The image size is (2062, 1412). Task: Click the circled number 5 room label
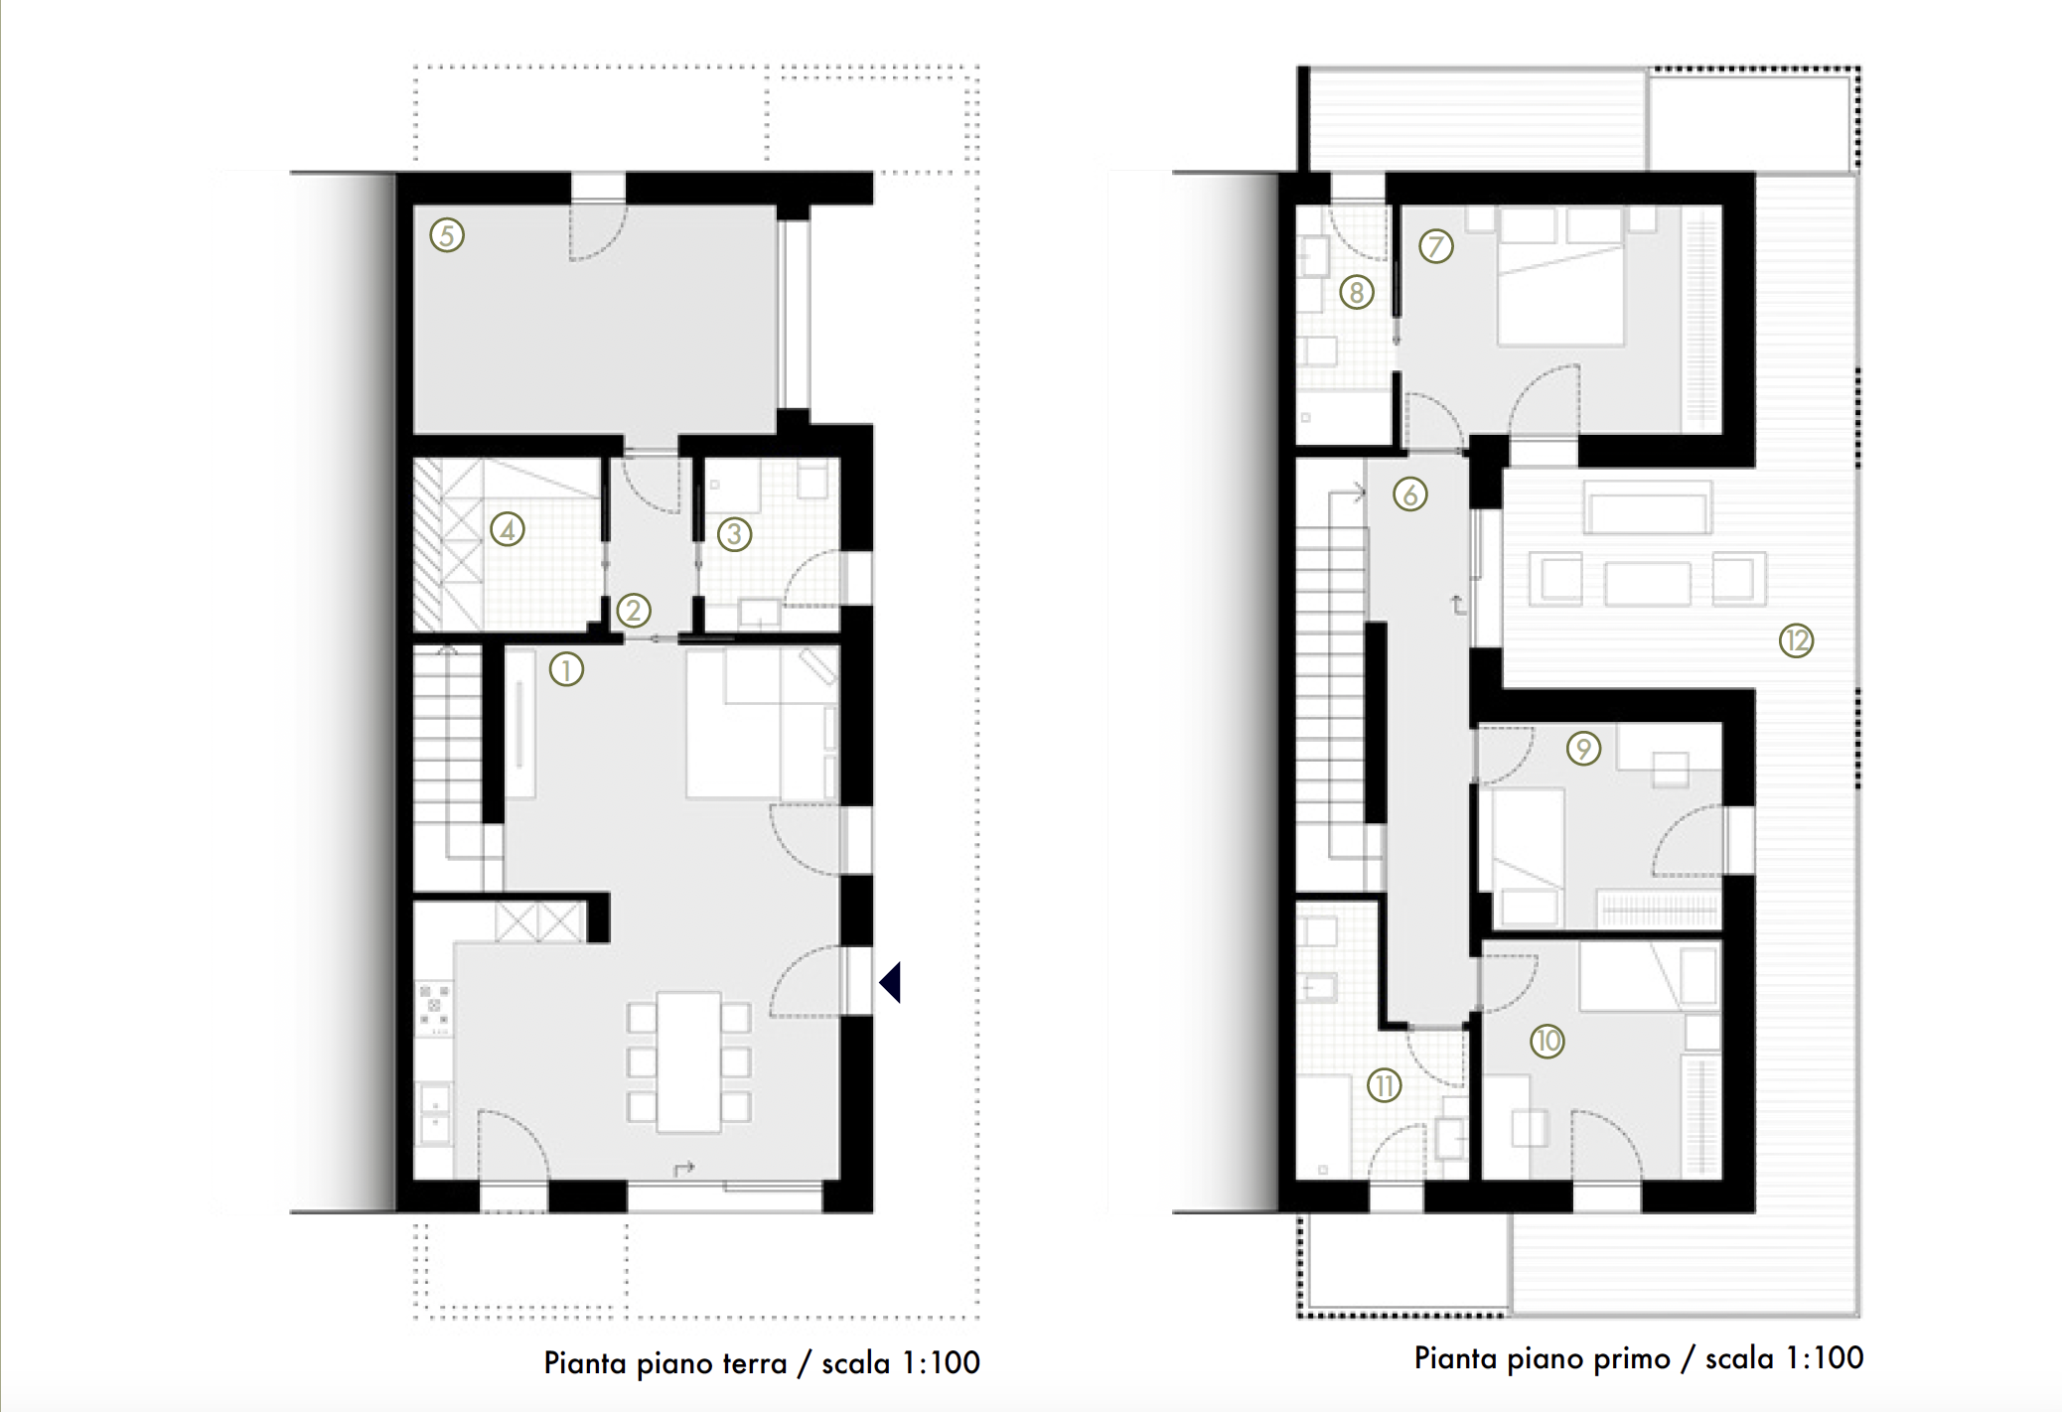point(447,235)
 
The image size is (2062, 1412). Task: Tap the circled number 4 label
point(508,529)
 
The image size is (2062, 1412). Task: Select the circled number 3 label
point(734,534)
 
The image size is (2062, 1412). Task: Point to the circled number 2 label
point(634,610)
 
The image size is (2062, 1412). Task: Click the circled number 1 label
point(566,669)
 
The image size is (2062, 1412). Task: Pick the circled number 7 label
point(1435,245)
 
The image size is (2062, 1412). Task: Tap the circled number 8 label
point(1357,292)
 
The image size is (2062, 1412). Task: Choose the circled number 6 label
point(1409,494)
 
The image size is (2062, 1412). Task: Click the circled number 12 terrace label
point(1796,640)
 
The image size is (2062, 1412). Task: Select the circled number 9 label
point(1583,748)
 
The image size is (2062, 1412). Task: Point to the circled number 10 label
point(1546,1041)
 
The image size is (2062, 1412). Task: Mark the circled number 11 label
point(1384,1085)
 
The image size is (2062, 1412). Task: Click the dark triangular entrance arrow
point(891,982)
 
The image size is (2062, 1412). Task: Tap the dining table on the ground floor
point(689,1061)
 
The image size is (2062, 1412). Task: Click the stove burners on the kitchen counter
point(434,1005)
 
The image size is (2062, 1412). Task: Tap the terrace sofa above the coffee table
point(1647,508)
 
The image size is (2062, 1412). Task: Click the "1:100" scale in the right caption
point(1824,1357)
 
